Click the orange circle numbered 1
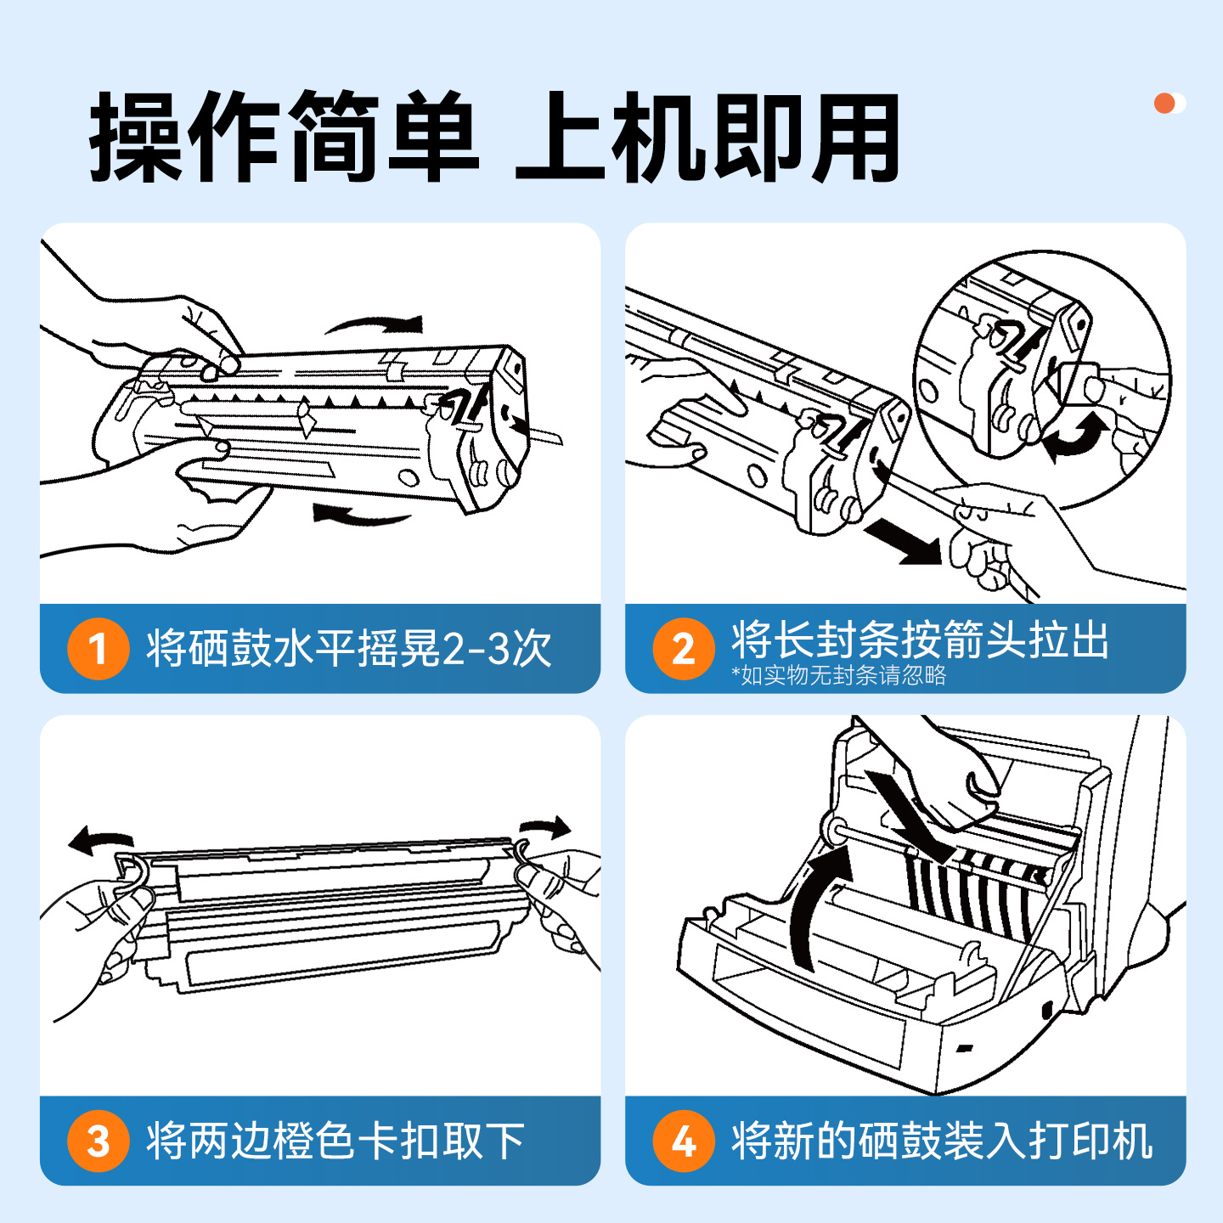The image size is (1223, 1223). pos(99,649)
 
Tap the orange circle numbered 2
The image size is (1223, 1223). pos(684,649)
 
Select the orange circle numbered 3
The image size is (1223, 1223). pos(99,1141)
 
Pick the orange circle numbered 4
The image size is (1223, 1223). pos(684,1141)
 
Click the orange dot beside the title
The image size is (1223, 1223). pos(1164,104)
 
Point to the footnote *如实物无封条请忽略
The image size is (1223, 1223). pos(839,675)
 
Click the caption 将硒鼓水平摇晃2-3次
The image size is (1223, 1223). pos(348,649)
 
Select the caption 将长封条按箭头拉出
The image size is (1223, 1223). pos(920,640)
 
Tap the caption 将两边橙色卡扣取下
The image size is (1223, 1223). pos(335,1141)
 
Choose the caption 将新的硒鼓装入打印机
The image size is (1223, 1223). pos(942,1141)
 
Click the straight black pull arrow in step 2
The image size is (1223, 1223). pos(905,542)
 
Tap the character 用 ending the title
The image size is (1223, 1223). pos(854,138)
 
